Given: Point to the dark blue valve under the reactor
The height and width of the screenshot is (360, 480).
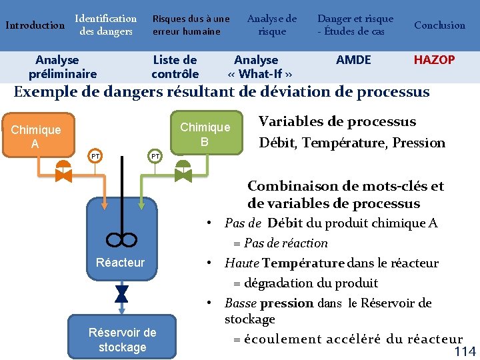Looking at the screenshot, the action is pyautogui.click(x=121, y=293).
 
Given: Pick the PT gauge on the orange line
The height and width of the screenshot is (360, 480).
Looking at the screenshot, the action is pyautogui.click(x=95, y=156).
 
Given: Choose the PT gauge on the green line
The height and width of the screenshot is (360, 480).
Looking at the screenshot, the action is pyautogui.click(x=155, y=156).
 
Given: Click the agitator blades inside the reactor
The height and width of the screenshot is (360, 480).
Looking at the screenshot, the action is pyautogui.click(x=121, y=239).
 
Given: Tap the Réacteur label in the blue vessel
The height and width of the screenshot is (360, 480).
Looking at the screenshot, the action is pyautogui.click(x=120, y=263).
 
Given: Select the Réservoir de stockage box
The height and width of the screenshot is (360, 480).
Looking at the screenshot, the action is pyautogui.click(x=122, y=339).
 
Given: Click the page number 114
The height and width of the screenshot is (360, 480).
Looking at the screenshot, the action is pyautogui.click(x=465, y=352).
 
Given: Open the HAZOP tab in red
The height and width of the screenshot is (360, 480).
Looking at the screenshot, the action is pyautogui.click(x=434, y=60).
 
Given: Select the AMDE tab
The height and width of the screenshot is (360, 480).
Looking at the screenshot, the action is pyautogui.click(x=353, y=60).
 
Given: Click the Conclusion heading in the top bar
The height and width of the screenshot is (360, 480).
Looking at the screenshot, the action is pyautogui.click(x=439, y=25).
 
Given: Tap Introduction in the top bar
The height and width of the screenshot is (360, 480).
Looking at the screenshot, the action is pyautogui.click(x=35, y=26).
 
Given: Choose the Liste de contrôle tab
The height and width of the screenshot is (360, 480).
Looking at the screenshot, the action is pyautogui.click(x=175, y=67).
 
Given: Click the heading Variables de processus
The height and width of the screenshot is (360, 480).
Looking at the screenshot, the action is pyautogui.click(x=337, y=121).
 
